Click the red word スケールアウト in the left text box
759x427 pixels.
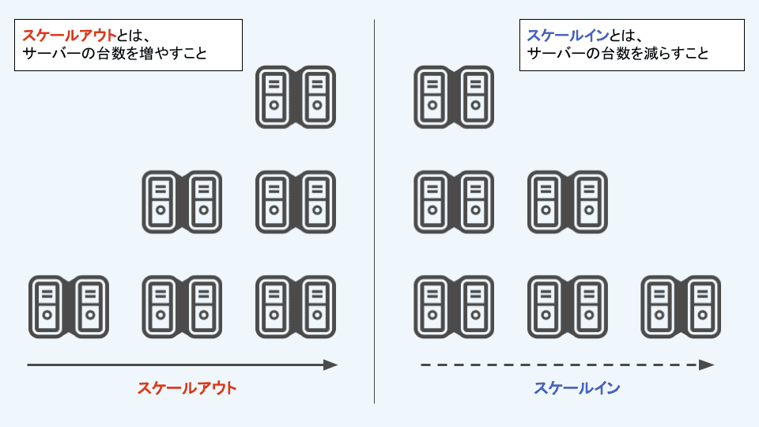(70, 36)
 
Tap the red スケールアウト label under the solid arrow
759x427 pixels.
(187, 388)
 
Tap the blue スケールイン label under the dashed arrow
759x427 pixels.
(576, 388)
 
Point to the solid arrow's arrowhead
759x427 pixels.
(331, 365)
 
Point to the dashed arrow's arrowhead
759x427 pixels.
(707, 365)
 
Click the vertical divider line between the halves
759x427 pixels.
(374, 213)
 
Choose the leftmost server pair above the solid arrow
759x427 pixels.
(69, 307)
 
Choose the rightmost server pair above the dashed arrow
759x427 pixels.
(681, 307)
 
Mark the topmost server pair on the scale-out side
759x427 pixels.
(296, 97)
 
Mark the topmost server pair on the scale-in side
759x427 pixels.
(454, 97)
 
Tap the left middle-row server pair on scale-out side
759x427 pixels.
(182, 202)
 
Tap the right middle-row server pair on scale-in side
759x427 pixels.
(568, 202)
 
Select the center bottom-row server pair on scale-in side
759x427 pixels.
(568, 307)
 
